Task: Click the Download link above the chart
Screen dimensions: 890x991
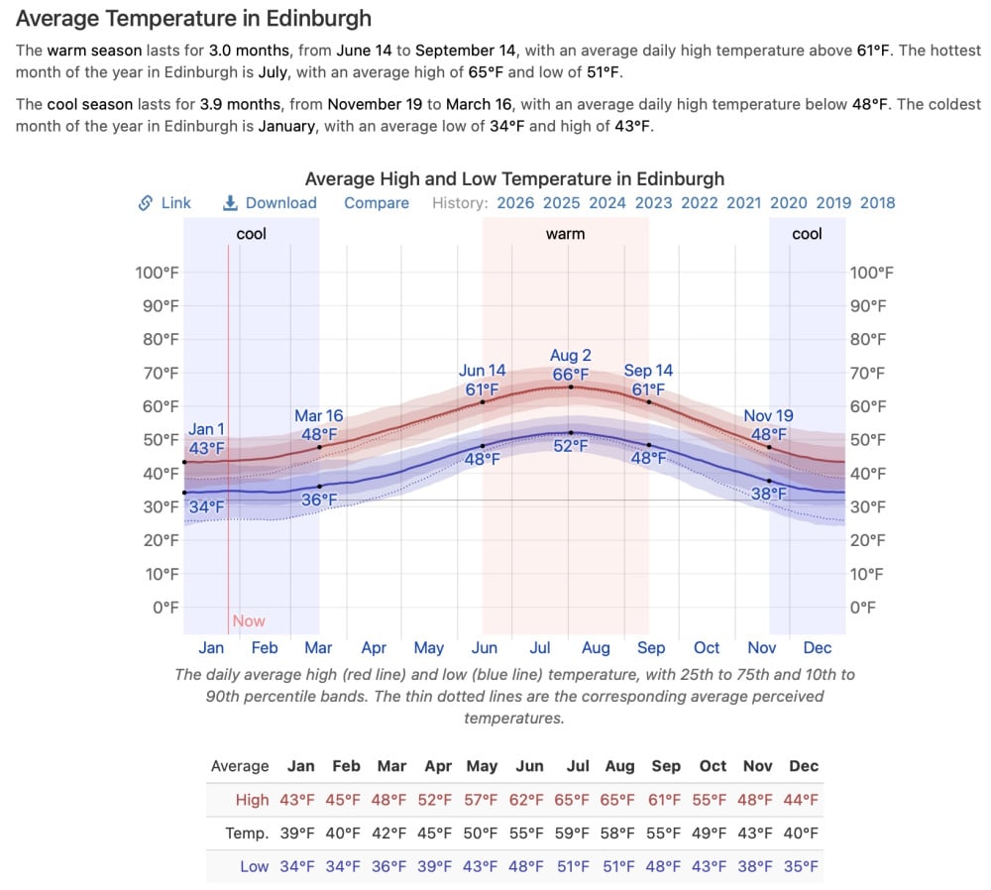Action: point(271,203)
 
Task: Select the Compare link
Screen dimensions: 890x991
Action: point(377,203)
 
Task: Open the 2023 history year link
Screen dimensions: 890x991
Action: point(653,203)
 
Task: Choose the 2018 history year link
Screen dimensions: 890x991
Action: point(877,203)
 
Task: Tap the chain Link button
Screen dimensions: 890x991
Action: point(165,203)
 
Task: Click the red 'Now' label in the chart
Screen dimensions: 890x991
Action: point(249,621)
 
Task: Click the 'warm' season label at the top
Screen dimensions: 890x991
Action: point(565,234)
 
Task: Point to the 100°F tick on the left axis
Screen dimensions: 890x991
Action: point(157,273)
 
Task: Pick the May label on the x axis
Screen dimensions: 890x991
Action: point(428,648)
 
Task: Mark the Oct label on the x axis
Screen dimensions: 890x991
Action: point(707,648)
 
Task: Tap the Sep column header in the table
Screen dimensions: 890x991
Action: point(666,766)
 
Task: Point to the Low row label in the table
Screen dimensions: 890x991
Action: point(254,866)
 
